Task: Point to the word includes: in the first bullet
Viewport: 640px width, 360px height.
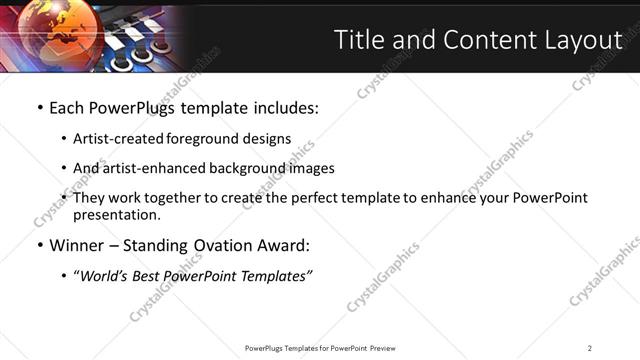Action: click(x=284, y=107)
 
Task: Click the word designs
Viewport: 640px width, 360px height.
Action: click(x=269, y=139)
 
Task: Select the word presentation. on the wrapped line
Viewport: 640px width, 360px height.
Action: click(x=116, y=214)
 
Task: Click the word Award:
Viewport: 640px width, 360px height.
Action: click(x=287, y=245)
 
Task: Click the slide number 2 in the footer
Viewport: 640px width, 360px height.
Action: click(x=590, y=348)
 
